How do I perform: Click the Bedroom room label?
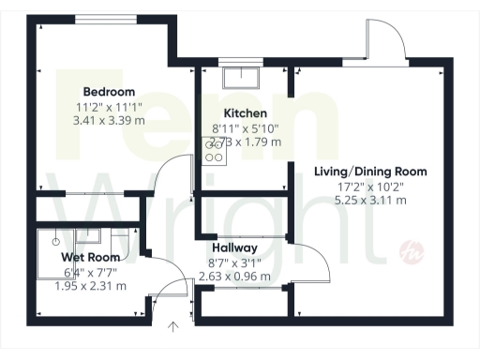[x=106, y=92]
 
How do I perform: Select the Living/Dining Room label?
[x=371, y=172]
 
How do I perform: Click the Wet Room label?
[x=91, y=257]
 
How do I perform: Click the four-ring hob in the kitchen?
[x=214, y=151]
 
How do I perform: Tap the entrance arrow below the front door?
[x=172, y=327]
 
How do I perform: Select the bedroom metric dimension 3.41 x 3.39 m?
[x=106, y=120]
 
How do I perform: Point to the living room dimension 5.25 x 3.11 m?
[x=371, y=201]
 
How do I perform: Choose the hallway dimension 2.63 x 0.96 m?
[x=234, y=277]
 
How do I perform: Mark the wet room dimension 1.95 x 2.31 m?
[x=91, y=286]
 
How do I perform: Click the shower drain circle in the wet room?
[x=55, y=240]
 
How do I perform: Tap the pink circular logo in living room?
[x=409, y=250]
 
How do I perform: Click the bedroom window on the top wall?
[x=104, y=19]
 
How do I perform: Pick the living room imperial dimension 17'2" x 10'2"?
[x=371, y=187]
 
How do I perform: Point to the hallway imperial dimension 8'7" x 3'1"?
[x=234, y=263]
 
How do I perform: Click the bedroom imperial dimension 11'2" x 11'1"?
[x=106, y=106]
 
